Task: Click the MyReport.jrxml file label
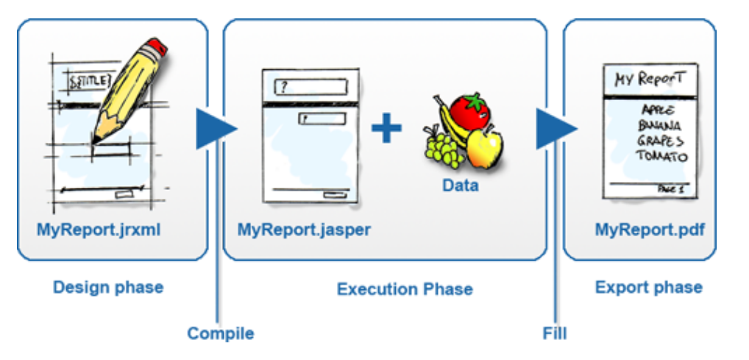point(99,230)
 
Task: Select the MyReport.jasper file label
point(304,230)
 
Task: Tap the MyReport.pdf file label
point(650,230)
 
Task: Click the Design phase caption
point(108,287)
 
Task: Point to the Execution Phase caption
point(405,289)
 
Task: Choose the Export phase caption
point(648,287)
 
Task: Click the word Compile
point(220,333)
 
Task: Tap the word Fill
point(555,333)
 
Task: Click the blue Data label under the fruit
point(460,186)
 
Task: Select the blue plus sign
point(386,129)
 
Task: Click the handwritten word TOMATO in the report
point(661,156)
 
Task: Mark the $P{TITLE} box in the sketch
point(88,80)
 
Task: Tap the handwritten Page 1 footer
point(671,189)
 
